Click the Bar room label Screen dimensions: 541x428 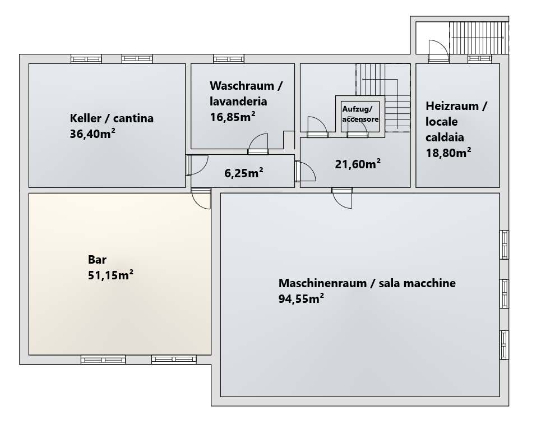[x=98, y=259]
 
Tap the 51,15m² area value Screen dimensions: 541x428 [x=111, y=275]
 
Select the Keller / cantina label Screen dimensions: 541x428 [x=112, y=118]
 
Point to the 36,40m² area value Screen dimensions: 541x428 [x=93, y=134]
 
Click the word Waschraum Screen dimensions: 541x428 [x=242, y=85]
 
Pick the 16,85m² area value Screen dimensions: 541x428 [x=233, y=117]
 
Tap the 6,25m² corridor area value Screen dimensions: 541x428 [x=244, y=173]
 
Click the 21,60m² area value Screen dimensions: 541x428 [x=358, y=164]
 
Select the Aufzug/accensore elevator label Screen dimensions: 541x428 [x=360, y=114]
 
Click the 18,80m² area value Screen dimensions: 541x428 [x=448, y=153]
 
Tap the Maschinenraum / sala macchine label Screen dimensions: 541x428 [x=367, y=283]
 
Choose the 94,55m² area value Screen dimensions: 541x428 [x=301, y=298]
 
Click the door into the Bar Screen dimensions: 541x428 [x=201, y=198]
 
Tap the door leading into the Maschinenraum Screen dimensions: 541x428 [x=343, y=198]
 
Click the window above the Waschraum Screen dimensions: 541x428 [x=229, y=59]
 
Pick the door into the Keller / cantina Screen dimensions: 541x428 [x=196, y=165]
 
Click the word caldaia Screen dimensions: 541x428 [x=445, y=137]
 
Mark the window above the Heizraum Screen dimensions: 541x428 [x=480, y=59]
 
